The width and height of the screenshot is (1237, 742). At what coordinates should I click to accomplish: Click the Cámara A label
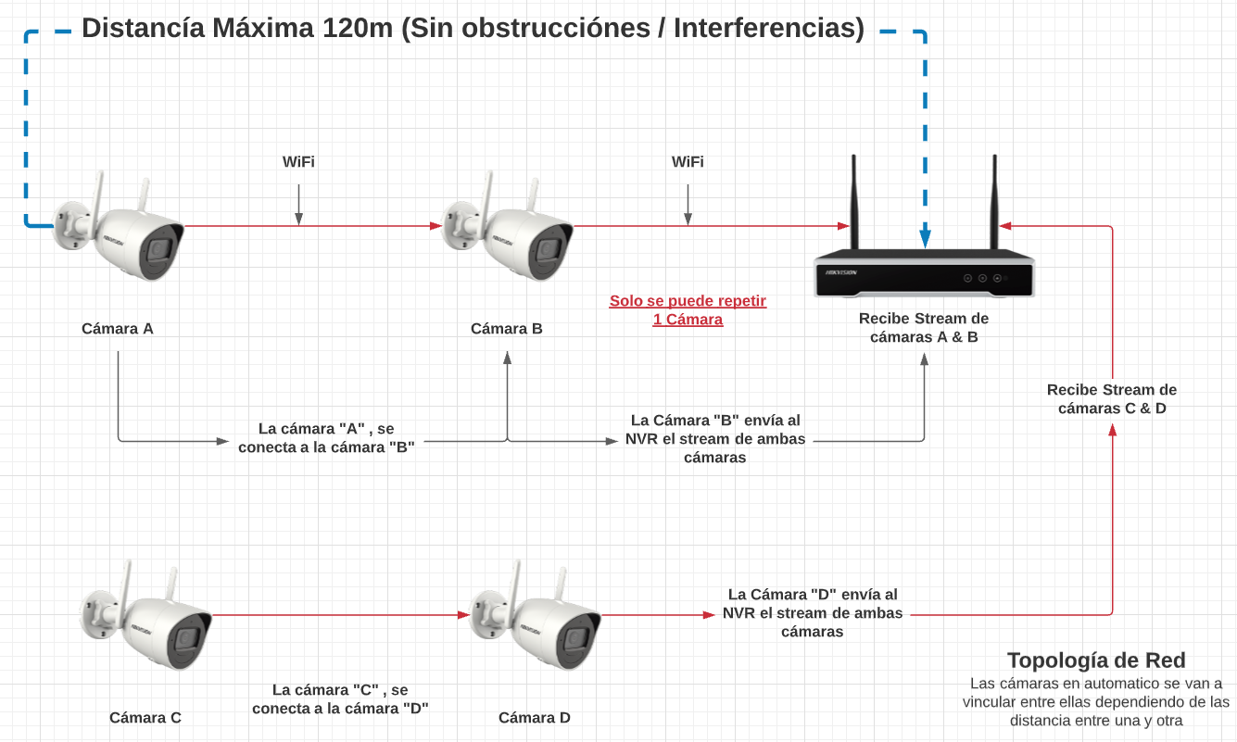[118, 328]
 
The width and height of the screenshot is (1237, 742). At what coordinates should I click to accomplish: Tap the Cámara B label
[507, 328]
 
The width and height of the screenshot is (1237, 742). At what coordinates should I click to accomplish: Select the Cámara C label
[145, 717]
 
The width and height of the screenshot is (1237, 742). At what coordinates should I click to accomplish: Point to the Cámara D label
[535, 717]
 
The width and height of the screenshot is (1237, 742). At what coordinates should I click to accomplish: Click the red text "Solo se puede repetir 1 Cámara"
[688, 310]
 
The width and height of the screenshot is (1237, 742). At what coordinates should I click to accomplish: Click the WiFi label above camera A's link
[298, 162]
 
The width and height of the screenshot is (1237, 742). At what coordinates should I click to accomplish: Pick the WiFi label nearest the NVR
[688, 162]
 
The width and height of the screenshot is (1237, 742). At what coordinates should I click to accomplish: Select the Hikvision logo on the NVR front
[838, 272]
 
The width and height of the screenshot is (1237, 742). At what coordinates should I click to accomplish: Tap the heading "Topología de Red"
[1096, 660]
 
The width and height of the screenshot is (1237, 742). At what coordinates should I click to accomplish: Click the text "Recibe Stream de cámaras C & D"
[1112, 399]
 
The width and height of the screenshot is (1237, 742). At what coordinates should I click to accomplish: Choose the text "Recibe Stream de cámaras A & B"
[924, 328]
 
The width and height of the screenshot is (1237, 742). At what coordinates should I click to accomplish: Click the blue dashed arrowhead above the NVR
[925, 239]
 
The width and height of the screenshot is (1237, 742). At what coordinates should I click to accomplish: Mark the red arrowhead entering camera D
[465, 614]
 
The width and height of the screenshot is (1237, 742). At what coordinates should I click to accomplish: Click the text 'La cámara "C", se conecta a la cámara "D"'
[340, 698]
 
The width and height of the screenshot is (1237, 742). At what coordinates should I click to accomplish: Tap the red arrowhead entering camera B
[436, 225]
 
